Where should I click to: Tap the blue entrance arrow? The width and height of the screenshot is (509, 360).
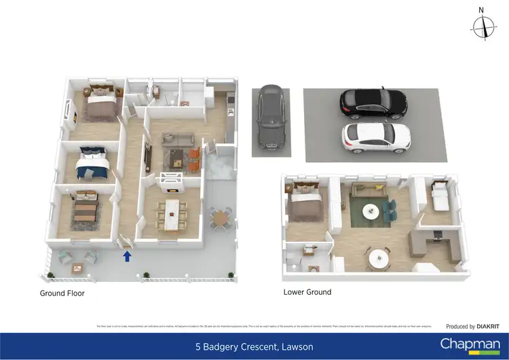point(126,256)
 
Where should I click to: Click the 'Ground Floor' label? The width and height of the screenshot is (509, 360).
point(62,293)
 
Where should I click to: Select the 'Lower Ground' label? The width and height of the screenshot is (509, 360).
point(307,292)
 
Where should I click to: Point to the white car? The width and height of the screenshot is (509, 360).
point(376,137)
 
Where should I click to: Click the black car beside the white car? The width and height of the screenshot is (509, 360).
point(373,103)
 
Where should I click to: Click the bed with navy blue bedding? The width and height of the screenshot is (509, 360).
point(92,163)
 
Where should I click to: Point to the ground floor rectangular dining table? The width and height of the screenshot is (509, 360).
point(172,214)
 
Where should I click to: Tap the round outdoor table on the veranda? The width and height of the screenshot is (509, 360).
point(219,217)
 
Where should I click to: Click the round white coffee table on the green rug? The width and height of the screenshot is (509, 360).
point(371,211)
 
